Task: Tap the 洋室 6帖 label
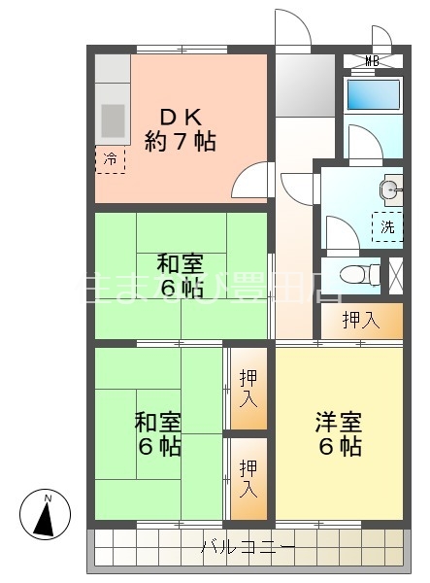(339, 434)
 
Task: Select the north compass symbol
(45, 515)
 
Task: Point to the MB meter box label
(372, 61)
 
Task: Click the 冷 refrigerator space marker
(110, 158)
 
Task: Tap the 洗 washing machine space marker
(386, 226)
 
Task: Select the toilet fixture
(365, 274)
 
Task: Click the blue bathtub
(373, 94)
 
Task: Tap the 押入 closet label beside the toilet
(361, 321)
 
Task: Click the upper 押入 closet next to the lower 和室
(248, 386)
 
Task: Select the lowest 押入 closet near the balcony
(248, 478)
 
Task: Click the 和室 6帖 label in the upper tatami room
(180, 275)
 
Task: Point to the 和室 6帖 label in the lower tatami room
(157, 434)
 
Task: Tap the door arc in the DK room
(252, 181)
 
